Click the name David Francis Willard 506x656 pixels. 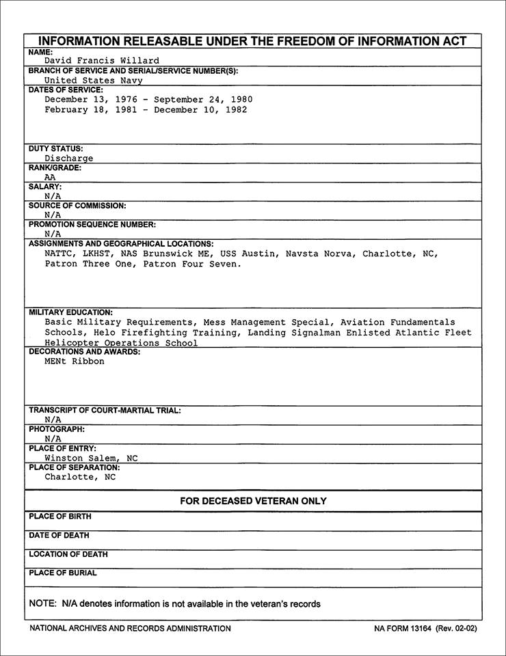coord(102,61)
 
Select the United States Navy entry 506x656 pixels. coord(94,80)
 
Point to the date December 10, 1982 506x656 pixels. coord(200,109)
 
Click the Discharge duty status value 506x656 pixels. coord(69,158)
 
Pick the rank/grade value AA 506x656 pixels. coord(51,177)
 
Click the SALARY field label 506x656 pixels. coord(45,186)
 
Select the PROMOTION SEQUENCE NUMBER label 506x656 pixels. coord(92,224)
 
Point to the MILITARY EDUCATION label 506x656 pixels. coord(71,312)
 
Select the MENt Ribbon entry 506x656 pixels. coord(75,361)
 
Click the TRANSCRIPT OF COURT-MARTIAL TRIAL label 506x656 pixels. coord(105,410)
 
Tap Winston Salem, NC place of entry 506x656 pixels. coord(91,458)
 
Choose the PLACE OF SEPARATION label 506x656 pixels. coord(74,467)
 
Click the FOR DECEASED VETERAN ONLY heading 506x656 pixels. coord(253,501)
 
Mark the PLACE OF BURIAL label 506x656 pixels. coord(63,573)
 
